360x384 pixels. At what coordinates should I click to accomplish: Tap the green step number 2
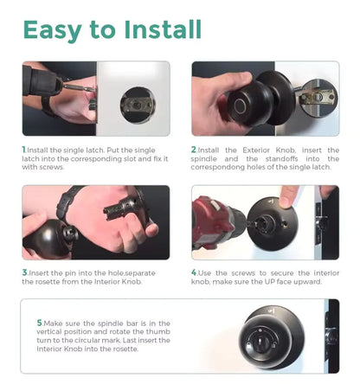click(x=194, y=149)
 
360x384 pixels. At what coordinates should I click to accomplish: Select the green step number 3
click(x=24, y=273)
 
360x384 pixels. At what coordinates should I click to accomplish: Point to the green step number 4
click(x=194, y=273)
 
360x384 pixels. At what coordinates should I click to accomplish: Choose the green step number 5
click(x=40, y=323)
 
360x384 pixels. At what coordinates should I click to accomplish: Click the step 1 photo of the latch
click(x=95, y=99)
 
